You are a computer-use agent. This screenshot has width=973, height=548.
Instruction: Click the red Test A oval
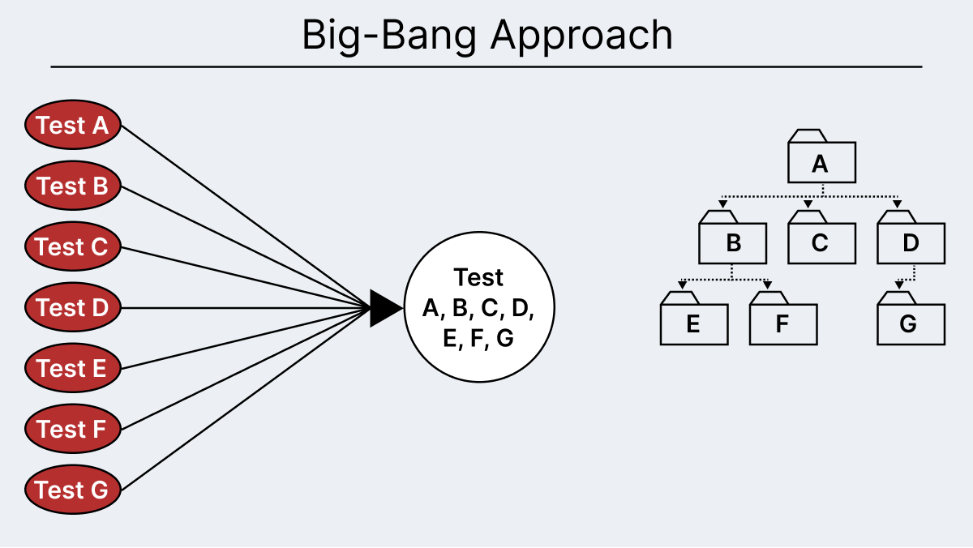click(73, 126)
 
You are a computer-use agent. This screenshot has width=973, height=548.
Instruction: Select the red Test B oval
click(73, 186)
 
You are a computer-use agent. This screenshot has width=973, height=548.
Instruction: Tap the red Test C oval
click(73, 246)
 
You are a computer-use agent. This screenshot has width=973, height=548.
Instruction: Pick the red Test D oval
click(73, 308)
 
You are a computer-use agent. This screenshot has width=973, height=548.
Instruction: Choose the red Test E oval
click(73, 368)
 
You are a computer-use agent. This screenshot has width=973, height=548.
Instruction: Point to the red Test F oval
click(73, 429)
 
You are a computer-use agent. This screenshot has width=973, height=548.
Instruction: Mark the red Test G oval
click(73, 490)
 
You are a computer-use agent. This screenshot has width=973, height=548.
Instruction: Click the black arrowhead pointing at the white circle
click(384, 308)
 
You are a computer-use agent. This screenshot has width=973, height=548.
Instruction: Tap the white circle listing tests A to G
click(478, 308)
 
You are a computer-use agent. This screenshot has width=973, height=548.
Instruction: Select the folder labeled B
click(732, 242)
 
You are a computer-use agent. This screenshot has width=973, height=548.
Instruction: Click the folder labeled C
click(821, 242)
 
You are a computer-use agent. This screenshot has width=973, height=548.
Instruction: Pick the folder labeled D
click(911, 242)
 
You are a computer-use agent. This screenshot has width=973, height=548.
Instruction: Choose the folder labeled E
click(693, 324)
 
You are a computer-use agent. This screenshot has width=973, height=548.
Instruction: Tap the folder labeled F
click(782, 324)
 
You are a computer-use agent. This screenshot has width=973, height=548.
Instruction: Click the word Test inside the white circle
click(478, 277)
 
